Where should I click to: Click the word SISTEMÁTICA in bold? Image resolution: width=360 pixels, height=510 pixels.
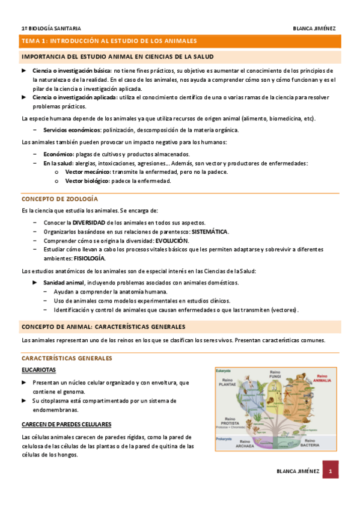pyautogui.click(x=209, y=232)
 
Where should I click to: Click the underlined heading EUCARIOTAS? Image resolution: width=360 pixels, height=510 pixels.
pyautogui.click(x=38, y=370)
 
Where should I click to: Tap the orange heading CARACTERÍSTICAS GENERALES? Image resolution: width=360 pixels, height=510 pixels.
pyautogui.click(x=67, y=358)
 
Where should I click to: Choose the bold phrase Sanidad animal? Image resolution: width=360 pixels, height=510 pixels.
pyautogui.click(x=63, y=282)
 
